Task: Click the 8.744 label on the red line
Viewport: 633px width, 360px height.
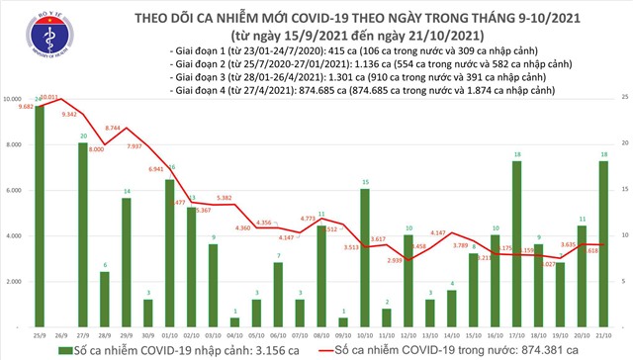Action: coord(113,128)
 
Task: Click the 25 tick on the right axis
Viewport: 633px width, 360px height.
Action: coord(625,97)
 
